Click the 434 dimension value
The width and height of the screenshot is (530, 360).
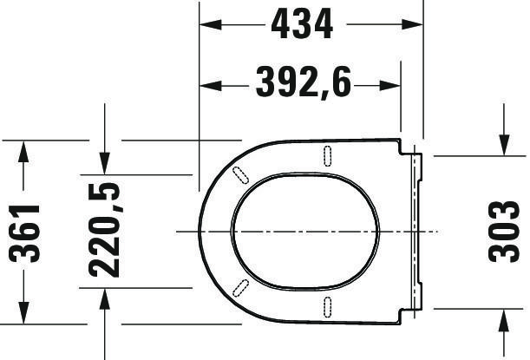point(302,24)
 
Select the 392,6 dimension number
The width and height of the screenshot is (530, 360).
point(304,82)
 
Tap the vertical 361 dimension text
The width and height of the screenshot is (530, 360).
point(24,233)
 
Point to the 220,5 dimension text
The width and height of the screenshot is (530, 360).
point(104,230)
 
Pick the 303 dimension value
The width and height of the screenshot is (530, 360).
point(504,232)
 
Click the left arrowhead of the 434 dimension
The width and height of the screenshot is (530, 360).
point(210,24)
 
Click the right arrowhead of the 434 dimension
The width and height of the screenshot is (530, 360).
point(412,24)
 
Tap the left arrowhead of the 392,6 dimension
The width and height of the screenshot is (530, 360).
point(210,86)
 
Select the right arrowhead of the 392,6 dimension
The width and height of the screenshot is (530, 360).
point(389,86)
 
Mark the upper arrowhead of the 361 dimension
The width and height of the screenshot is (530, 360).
point(23,151)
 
